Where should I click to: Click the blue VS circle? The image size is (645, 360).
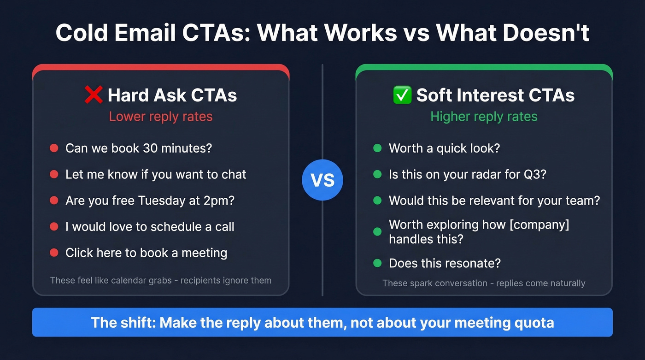322,180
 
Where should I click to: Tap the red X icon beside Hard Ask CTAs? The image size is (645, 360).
94,95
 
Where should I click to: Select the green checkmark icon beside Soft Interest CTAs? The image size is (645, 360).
402,95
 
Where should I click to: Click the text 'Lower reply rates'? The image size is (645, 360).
161,117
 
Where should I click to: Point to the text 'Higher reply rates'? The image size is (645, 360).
484,117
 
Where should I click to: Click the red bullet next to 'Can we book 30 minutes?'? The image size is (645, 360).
54,148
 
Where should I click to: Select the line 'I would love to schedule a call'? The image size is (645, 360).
150,227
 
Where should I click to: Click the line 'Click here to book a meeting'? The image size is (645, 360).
146,253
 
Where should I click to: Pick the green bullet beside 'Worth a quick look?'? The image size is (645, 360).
377,148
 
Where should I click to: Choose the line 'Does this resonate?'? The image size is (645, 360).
445,263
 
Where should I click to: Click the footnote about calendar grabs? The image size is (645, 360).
160,280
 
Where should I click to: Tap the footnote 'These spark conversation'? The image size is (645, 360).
484,283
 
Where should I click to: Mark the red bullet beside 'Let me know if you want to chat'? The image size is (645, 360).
54,175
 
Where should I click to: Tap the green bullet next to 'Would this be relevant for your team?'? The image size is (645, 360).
377,201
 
